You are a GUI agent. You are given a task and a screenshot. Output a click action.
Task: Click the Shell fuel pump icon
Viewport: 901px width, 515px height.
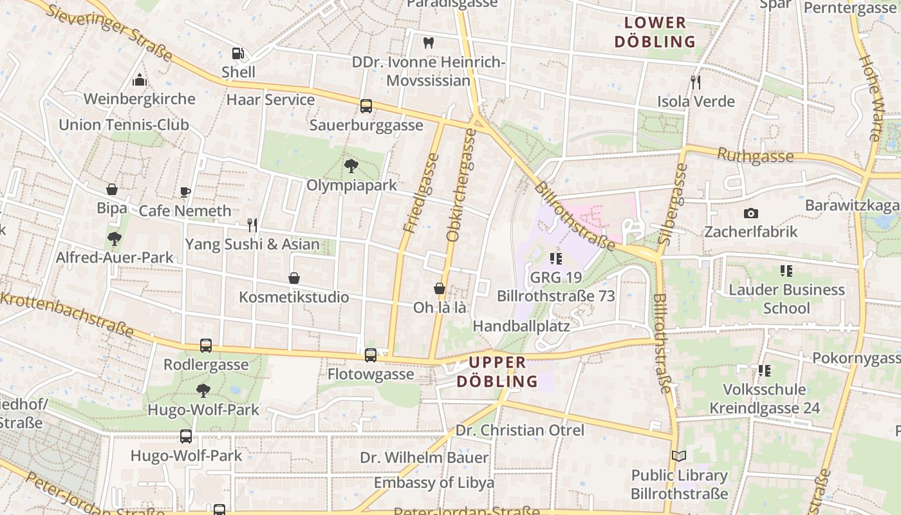238,53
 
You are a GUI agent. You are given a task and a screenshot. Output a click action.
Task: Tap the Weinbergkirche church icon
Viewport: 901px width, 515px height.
140,80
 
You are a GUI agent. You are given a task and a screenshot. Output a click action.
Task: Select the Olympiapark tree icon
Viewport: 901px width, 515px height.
351,166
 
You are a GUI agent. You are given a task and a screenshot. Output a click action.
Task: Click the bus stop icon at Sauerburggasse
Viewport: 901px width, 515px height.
366,106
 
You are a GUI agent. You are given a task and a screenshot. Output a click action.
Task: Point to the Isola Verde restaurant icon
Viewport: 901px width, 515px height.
696,82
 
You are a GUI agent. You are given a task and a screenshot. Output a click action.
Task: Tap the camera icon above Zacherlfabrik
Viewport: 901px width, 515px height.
750,213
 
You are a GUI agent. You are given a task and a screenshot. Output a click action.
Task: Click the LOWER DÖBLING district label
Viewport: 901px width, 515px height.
655,32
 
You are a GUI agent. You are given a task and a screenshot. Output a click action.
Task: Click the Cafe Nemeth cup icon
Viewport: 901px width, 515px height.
185,192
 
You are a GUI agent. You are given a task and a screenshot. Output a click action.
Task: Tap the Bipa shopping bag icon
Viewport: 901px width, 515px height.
112,189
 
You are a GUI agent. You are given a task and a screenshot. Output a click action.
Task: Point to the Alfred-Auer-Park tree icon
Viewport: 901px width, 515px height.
115,239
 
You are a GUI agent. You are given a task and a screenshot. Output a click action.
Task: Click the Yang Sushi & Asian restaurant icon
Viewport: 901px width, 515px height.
252,225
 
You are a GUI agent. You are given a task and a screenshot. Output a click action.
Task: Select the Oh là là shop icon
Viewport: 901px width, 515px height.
440,288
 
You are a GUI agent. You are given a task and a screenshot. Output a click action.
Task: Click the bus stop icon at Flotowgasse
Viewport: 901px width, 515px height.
371,355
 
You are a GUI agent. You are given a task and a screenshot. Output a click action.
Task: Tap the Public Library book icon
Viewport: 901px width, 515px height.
679,456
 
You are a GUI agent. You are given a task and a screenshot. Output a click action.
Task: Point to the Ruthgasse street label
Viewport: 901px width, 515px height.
755,156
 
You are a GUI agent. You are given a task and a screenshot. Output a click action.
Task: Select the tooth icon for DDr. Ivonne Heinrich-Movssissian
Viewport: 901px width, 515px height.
429,43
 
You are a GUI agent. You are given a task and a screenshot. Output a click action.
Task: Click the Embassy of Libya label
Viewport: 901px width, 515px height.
434,482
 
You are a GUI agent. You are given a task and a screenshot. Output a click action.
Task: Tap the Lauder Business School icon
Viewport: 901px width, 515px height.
786,271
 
